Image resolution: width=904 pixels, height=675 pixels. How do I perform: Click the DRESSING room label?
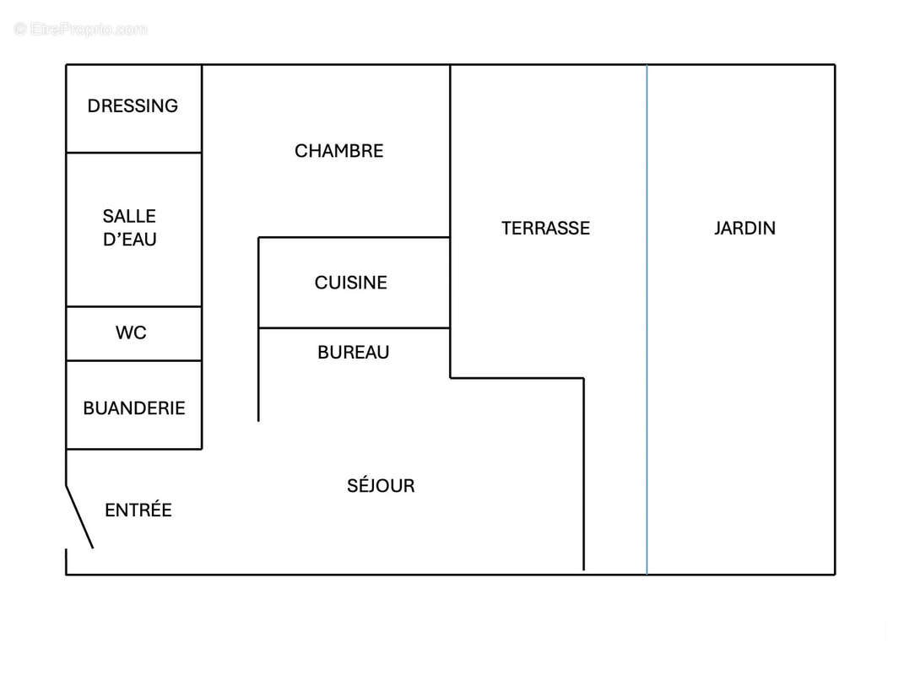tap(133, 106)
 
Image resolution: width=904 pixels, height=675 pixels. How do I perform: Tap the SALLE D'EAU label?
tap(130, 228)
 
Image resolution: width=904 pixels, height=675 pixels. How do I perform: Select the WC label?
tap(131, 332)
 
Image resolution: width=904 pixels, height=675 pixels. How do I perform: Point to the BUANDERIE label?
tap(133, 408)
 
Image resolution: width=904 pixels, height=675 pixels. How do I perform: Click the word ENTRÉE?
tap(138, 510)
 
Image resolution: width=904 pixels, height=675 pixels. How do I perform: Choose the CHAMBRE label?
tap(339, 151)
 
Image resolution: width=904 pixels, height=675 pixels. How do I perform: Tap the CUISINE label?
tap(350, 283)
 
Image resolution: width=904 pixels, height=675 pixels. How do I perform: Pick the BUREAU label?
tap(354, 352)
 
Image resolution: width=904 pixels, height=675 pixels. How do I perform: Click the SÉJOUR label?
tap(381, 485)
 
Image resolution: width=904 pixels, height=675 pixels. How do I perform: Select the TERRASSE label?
tap(545, 229)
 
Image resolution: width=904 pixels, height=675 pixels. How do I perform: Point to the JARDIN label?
tap(744, 229)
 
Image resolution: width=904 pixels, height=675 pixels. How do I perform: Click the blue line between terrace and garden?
tap(647, 319)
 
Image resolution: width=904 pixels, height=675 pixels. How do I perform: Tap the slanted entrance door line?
tap(79, 516)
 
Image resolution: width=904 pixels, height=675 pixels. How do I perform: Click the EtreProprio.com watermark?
tap(81, 29)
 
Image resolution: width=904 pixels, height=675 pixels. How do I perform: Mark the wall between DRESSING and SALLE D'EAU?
tap(133, 153)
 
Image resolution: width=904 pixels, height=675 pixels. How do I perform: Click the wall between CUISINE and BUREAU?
tap(354, 328)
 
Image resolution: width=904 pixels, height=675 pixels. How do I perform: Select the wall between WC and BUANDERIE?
tap(133, 361)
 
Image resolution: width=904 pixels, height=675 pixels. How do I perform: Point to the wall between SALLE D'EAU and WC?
tap(133, 306)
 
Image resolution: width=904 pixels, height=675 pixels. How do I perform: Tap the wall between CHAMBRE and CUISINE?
tap(354, 237)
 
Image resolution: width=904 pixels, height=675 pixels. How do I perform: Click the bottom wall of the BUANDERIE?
tap(133, 449)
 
